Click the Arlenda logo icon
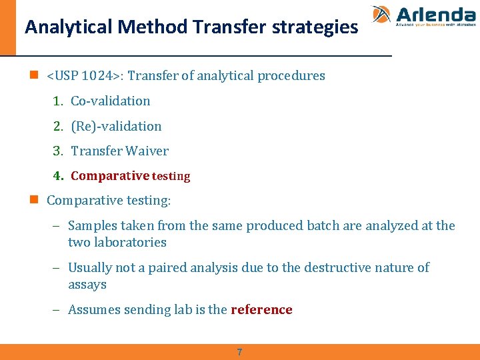click(382, 15)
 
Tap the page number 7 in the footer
click(240, 352)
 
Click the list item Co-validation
click(111, 101)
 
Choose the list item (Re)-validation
click(116, 126)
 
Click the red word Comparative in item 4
click(109, 176)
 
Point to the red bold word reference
click(261, 309)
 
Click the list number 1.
click(57, 101)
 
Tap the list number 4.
click(57, 176)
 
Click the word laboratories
click(131, 243)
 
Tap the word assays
click(87, 285)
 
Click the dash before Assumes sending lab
click(57, 309)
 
